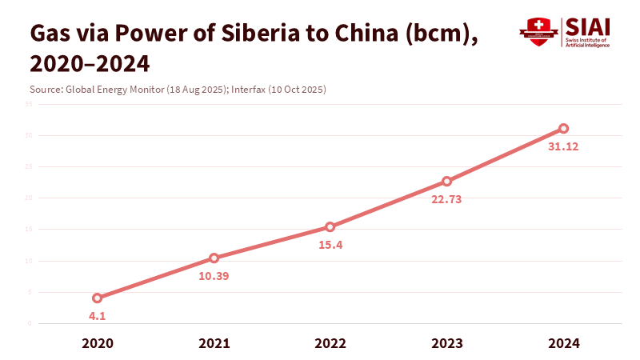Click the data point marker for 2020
click(x=97, y=298)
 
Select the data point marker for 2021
click(x=214, y=258)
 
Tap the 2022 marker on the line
click(x=330, y=226)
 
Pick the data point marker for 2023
click(x=447, y=181)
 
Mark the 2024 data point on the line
click(x=564, y=128)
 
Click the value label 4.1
click(x=97, y=316)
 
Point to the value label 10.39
click(x=214, y=276)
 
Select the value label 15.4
click(x=330, y=245)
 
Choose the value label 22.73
click(x=447, y=199)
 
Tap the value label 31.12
click(x=564, y=146)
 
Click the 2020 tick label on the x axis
click(x=97, y=343)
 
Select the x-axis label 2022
click(x=330, y=343)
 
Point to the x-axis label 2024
click(x=564, y=343)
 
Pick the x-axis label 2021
click(x=214, y=343)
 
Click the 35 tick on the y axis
click(x=28, y=104)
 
